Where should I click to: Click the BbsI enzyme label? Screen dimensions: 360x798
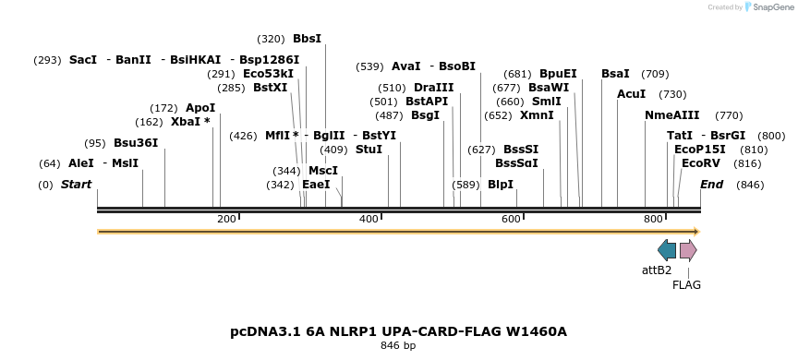(x=307, y=39)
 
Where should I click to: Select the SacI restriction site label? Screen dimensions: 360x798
(x=82, y=60)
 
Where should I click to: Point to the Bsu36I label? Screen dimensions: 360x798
(x=136, y=143)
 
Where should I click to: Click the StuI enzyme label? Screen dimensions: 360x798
(x=369, y=150)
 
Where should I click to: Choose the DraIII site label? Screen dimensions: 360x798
(x=433, y=88)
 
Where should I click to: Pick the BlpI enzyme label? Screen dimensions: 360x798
(x=500, y=185)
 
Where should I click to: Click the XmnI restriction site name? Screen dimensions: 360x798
(x=537, y=115)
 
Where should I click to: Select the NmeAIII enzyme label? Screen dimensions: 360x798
(x=671, y=115)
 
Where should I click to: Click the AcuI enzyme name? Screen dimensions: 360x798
(x=632, y=94)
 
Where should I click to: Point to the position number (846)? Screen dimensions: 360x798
(x=750, y=185)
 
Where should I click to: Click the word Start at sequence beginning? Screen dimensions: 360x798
(x=76, y=185)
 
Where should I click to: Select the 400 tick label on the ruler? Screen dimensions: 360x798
(x=369, y=219)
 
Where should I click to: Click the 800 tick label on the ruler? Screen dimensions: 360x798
(x=653, y=219)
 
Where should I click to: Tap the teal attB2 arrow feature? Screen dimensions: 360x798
(x=667, y=250)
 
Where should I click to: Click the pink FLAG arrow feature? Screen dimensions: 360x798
(x=688, y=250)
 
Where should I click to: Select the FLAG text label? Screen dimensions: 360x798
(x=686, y=285)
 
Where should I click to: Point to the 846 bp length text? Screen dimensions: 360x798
(x=398, y=346)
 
